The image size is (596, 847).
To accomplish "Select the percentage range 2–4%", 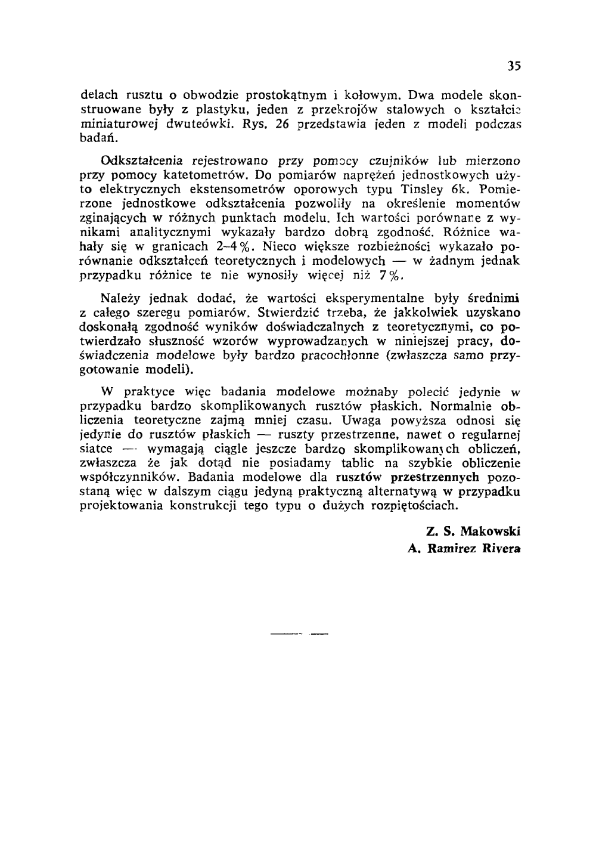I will pyautogui.click(x=243, y=246).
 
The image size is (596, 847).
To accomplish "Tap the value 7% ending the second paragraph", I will pyautogui.click(x=392, y=275).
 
